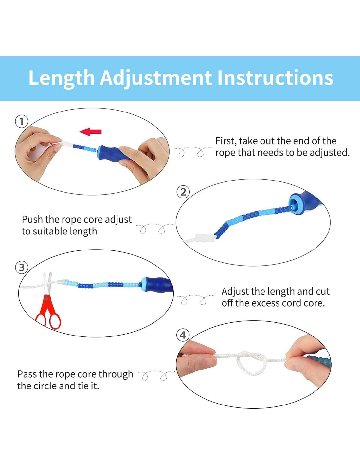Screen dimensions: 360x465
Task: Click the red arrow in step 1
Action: tap(90, 132)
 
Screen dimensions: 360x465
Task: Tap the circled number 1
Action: tap(22, 122)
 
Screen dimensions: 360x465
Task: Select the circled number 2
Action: tap(183, 192)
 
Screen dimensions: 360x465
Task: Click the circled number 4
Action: tap(183, 335)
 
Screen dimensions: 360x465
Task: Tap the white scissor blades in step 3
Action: tap(48, 283)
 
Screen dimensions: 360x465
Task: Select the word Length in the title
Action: tap(62, 78)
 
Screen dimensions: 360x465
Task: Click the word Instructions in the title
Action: tap(275, 77)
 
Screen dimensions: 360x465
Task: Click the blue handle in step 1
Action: tap(114, 152)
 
